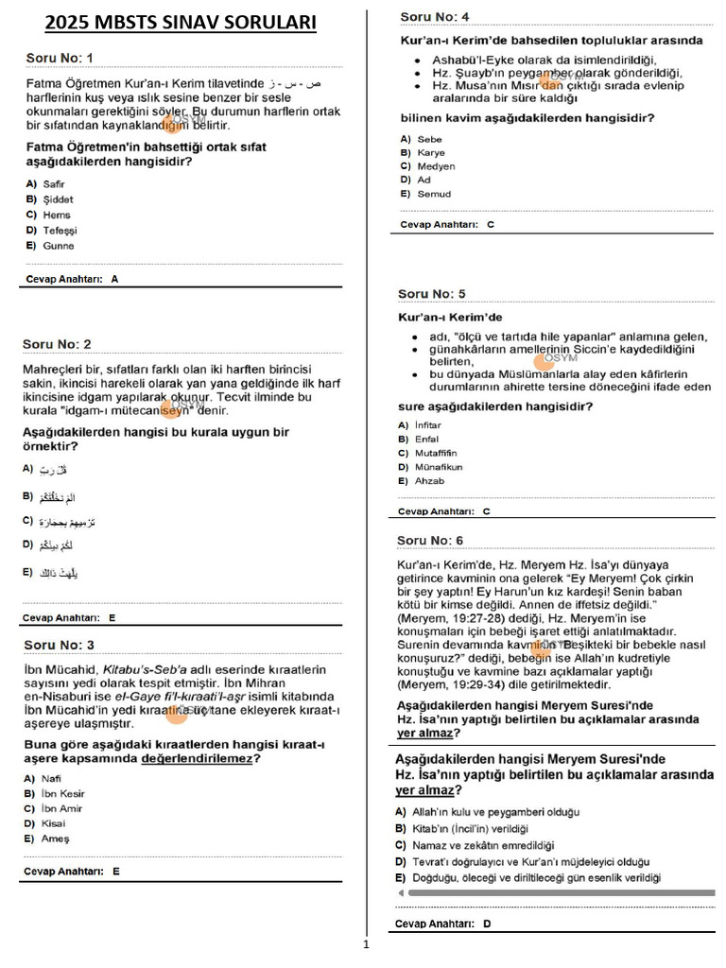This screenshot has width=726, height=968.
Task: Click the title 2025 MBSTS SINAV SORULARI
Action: coord(181,23)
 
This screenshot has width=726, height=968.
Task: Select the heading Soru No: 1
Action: coord(59,59)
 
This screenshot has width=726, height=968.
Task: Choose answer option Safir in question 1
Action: coord(54,184)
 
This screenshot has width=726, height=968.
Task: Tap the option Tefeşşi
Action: coord(60,231)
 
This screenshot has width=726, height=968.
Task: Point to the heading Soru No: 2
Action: coord(58,344)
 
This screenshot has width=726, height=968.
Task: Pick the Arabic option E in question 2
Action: coord(53,573)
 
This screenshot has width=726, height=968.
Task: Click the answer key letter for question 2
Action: coord(112,617)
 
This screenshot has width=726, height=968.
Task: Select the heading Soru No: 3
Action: coord(59,646)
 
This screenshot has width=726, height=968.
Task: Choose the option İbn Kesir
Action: coord(63,793)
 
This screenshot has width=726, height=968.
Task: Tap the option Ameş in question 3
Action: coord(56,838)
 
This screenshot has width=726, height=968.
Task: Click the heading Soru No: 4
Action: coord(434,17)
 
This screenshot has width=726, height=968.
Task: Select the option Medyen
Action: coord(436,166)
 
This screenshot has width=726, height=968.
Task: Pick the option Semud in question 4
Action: coord(434,194)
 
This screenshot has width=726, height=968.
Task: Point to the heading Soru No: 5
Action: coord(431,294)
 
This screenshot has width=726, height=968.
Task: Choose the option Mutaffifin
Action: coord(436,453)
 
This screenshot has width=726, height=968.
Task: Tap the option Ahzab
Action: coord(430,481)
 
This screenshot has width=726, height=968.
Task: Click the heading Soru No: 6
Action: coord(430,540)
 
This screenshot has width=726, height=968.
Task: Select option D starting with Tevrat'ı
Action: coord(530,862)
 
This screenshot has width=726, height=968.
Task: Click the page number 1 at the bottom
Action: coord(365,943)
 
